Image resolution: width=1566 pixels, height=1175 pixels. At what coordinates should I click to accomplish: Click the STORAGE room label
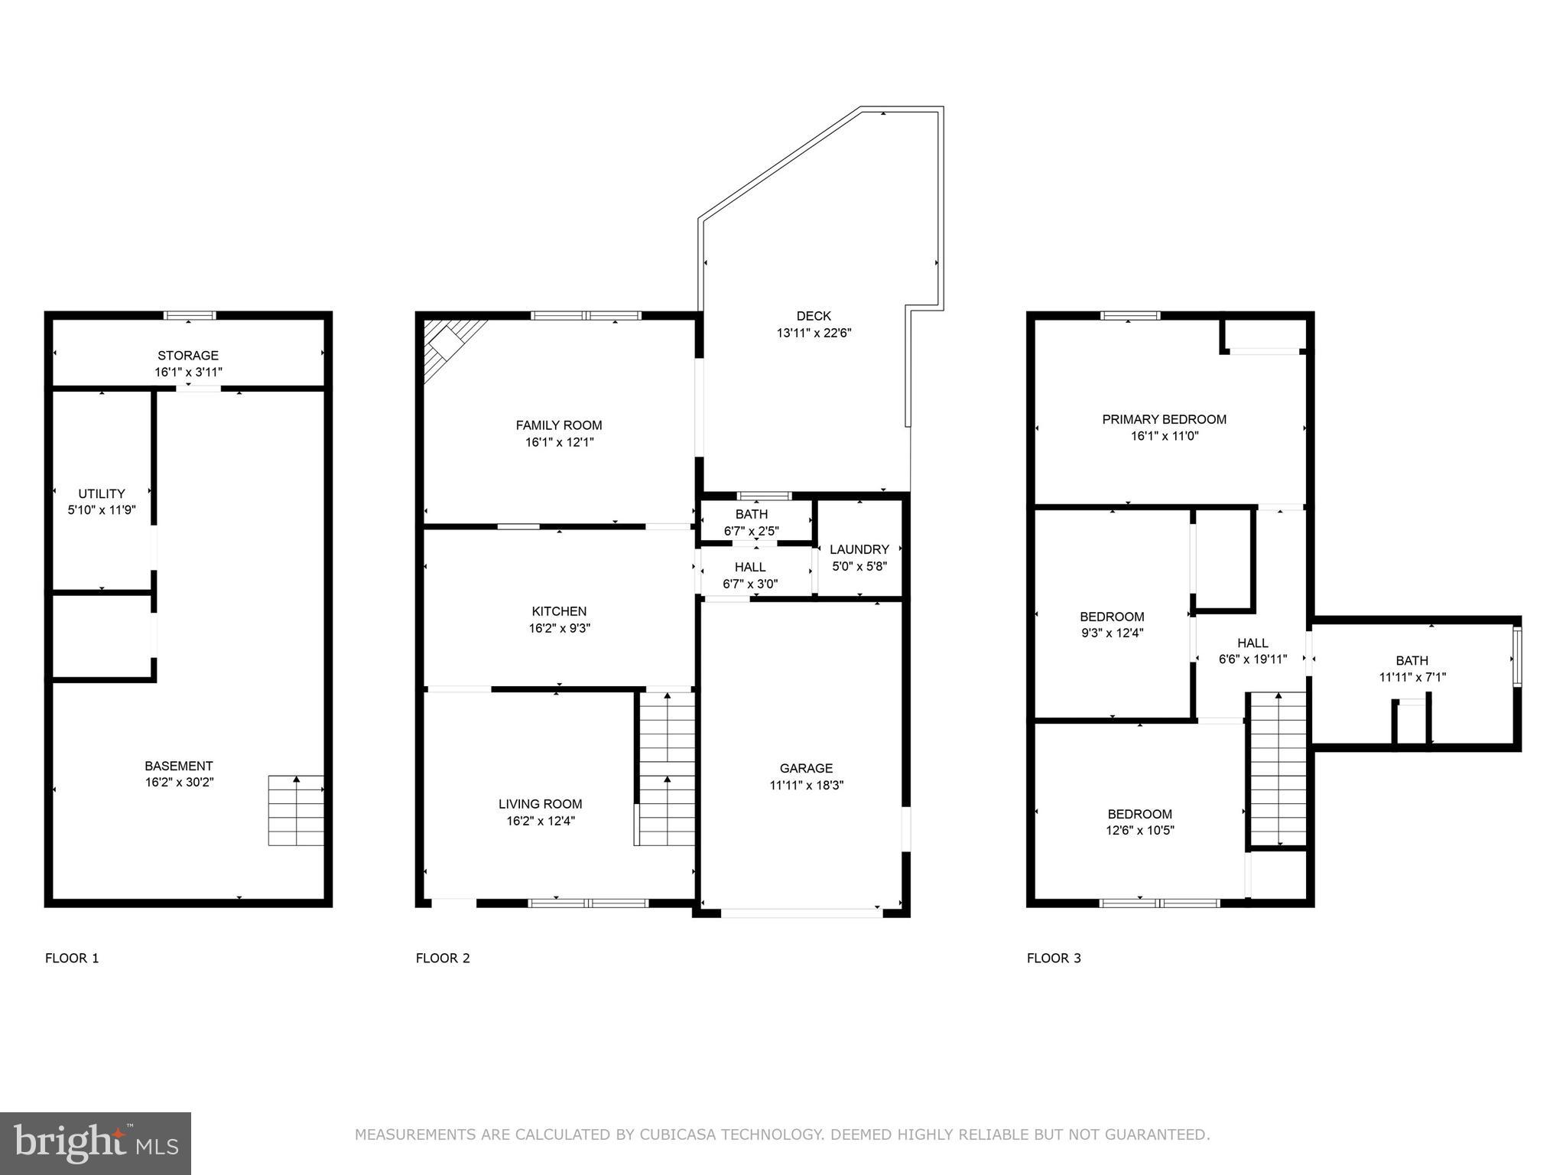(188, 356)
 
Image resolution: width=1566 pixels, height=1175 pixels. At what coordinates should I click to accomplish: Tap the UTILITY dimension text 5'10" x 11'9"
(102, 510)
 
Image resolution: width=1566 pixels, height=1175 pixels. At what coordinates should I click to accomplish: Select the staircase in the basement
(296, 810)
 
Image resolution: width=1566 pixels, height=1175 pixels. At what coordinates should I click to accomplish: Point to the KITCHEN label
(559, 611)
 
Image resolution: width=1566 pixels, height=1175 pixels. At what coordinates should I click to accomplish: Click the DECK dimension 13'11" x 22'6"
(814, 333)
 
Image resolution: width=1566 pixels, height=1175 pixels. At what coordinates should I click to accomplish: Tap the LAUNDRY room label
(859, 549)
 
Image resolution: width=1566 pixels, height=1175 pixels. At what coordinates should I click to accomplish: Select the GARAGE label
(806, 768)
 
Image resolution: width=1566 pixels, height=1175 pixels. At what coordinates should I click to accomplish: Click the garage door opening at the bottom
(801, 913)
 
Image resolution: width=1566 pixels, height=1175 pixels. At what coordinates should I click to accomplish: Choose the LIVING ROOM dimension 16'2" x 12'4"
(540, 821)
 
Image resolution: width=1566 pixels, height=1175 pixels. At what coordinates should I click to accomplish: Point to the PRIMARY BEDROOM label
(1164, 419)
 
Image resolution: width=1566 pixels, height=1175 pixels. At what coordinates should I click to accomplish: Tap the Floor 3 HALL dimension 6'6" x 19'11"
(1252, 659)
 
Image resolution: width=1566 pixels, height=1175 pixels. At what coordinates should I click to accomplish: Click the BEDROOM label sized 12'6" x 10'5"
(1139, 814)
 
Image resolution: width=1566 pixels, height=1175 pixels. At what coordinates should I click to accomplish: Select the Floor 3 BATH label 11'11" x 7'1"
(1412, 660)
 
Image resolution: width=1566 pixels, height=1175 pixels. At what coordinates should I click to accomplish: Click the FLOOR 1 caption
(72, 958)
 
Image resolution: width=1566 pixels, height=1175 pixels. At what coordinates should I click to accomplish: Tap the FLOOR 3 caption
(1053, 958)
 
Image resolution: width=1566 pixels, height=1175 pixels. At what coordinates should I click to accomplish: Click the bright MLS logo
(96, 1143)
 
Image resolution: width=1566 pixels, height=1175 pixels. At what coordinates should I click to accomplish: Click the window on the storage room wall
(190, 315)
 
